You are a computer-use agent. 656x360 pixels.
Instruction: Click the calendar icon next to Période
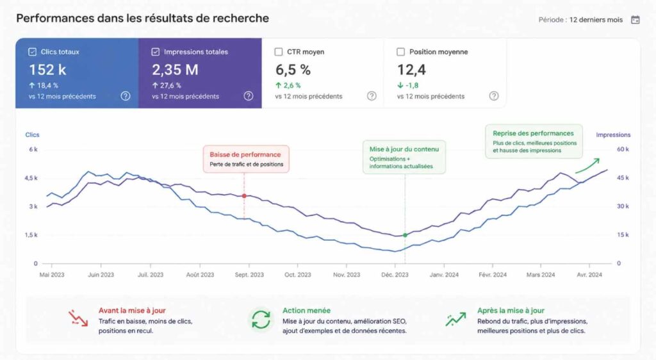[x=635, y=20]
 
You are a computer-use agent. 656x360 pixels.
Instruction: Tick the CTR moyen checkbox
[x=278, y=52]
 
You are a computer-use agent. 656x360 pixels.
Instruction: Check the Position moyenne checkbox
[x=400, y=52]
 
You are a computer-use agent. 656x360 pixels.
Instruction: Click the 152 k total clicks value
[x=47, y=69]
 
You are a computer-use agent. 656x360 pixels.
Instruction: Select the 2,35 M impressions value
[x=175, y=69]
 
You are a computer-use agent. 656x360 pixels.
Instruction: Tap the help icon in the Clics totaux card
[x=126, y=95]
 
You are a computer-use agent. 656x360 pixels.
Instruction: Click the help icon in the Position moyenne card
[x=494, y=95]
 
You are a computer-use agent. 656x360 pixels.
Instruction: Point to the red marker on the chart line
[x=244, y=195]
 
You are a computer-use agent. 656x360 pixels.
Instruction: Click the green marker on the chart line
[x=405, y=235]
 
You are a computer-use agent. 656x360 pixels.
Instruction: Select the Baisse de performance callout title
[x=245, y=155]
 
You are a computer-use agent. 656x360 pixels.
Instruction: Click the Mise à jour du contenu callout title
[x=404, y=149]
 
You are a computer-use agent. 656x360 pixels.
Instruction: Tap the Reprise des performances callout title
[x=533, y=133]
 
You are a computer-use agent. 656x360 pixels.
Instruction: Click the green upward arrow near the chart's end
[x=588, y=167]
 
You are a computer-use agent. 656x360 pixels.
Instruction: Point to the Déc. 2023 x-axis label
[x=395, y=275]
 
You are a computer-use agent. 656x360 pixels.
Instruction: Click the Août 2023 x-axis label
[x=200, y=275]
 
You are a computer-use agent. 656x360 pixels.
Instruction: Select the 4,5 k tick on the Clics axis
[x=31, y=178]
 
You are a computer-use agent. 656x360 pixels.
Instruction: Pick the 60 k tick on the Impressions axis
[x=623, y=149]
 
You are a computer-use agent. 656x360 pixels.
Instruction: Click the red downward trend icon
[x=78, y=318]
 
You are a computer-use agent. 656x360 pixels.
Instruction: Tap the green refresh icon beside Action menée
[x=261, y=320]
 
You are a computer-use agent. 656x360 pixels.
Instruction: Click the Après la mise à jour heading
[x=511, y=311]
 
